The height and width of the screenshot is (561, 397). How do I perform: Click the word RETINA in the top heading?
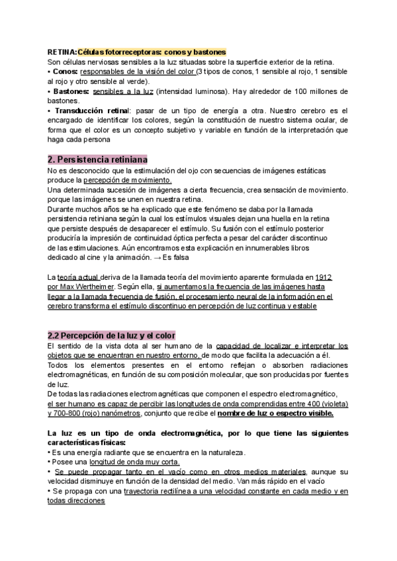point(62,52)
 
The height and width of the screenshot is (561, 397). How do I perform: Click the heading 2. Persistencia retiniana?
point(99,160)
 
